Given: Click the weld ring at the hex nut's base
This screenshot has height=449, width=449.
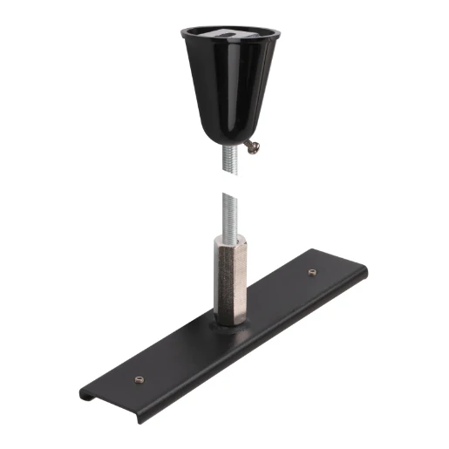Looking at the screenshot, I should point(228,323).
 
